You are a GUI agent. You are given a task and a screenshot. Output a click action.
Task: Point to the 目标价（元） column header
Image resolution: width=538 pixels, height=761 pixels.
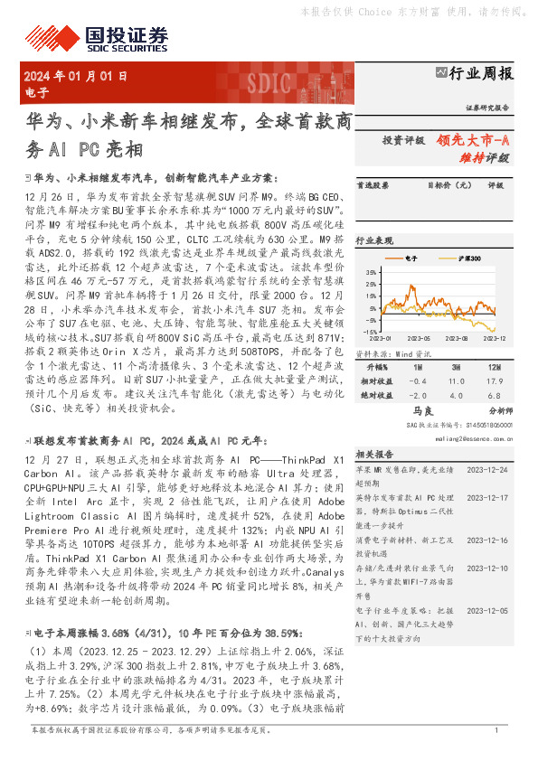coord(449,186)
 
